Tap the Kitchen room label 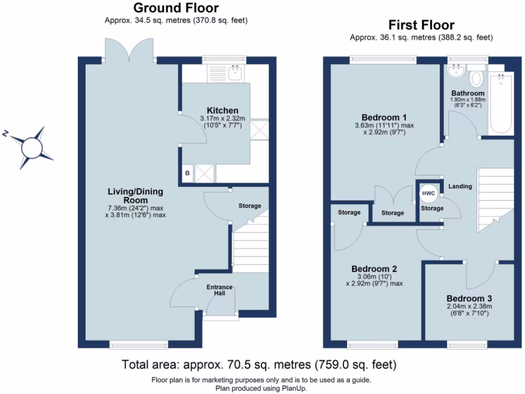coord(222,111)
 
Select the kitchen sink coord(235,73)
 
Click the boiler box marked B coord(187,173)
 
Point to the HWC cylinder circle coord(428,193)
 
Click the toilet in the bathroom coord(476,77)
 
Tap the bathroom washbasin coord(455,71)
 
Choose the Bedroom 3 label coord(469,299)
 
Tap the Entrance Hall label coord(219,290)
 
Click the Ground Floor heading coord(176,8)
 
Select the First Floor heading coord(421,25)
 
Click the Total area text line coord(259,365)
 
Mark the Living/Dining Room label coord(135,195)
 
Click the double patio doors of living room coord(130,51)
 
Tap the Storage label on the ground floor coord(250,206)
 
